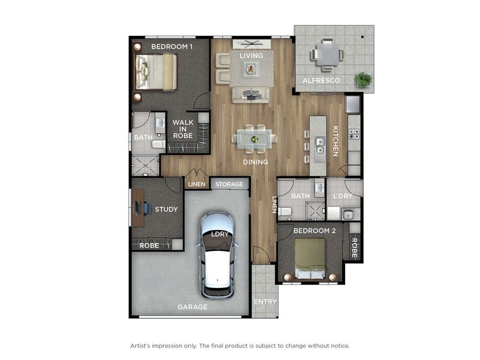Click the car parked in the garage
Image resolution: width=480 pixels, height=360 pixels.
point(217,255)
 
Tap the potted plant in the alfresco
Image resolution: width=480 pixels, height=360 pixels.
point(363,79)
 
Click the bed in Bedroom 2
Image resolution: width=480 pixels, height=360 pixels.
point(310,258)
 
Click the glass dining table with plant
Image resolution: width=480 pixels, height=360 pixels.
point(254,139)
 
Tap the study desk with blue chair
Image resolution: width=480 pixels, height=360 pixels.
point(139,208)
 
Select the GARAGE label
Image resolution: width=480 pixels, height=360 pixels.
point(192,307)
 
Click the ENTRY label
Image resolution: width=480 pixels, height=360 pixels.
point(265,302)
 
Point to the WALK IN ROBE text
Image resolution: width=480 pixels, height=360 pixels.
point(183,129)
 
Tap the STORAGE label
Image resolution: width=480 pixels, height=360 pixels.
point(229,184)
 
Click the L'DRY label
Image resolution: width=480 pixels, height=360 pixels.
point(343,196)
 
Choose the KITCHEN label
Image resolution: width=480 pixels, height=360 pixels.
point(335,141)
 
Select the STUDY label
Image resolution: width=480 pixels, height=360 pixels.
point(166,209)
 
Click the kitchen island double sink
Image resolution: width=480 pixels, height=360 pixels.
point(320,146)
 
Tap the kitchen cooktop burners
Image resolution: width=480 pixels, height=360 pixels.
point(353,133)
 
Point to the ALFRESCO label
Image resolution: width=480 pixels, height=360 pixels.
point(321,80)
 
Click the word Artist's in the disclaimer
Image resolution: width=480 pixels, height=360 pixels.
point(143,346)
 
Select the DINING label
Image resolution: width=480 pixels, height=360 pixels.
point(255,162)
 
